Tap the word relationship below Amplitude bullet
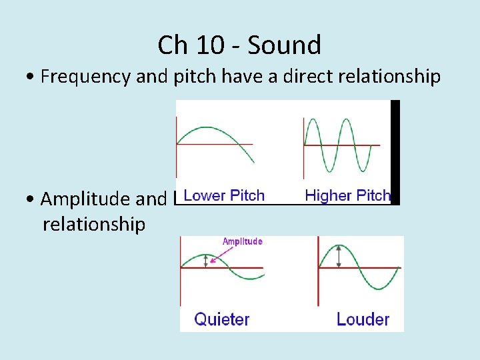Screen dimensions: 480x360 (x=93, y=224)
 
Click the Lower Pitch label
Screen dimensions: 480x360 (x=224, y=195)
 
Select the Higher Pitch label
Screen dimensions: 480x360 (x=347, y=195)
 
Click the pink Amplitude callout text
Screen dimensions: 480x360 (x=243, y=241)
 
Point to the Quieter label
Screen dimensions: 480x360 (x=222, y=319)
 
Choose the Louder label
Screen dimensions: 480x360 (x=363, y=319)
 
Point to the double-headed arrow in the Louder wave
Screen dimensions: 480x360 (x=339, y=257)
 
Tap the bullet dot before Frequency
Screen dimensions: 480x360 (x=32, y=77)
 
